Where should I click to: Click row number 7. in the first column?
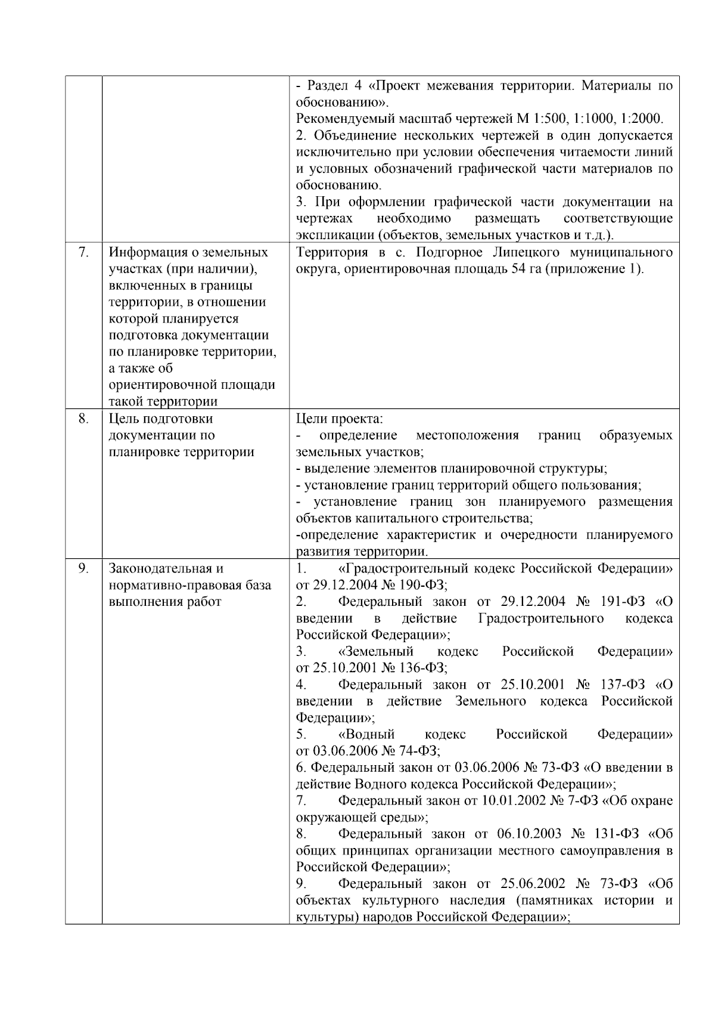click(83, 252)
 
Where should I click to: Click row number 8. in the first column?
click(83, 419)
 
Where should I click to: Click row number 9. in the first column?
click(83, 568)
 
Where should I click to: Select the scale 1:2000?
click(642, 119)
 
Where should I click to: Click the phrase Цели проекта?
click(340, 419)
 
